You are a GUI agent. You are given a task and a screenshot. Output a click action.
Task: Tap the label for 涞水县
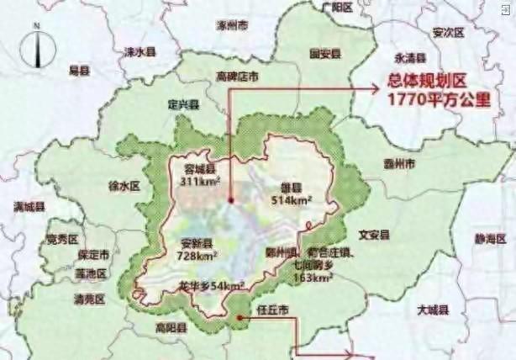pos(140,51)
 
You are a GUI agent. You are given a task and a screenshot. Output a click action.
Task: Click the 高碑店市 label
pos(238,76)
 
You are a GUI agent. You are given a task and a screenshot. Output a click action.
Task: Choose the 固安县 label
pos(325,53)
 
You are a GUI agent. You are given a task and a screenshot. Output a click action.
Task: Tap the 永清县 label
pos(411,58)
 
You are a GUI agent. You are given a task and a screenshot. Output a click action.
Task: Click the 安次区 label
pos(448,33)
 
